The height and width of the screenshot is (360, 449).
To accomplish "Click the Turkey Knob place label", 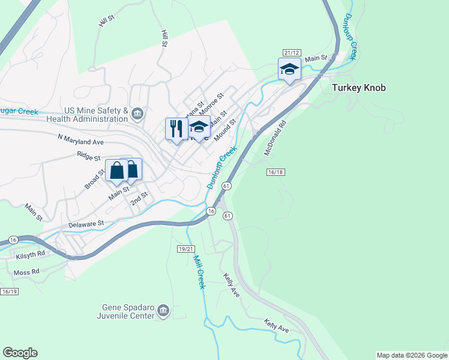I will click(358, 88).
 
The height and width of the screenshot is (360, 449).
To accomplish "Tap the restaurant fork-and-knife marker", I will click(176, 129).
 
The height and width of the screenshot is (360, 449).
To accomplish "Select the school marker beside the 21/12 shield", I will click(289, 70).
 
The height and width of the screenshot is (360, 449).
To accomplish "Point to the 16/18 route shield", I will click(275, 172).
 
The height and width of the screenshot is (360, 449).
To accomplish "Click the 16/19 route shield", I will click(10, 292).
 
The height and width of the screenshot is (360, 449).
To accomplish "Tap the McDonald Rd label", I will click(276, 138).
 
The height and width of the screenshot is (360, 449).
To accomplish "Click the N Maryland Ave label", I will click(81, 140).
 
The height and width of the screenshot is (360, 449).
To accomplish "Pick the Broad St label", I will click(94, 179).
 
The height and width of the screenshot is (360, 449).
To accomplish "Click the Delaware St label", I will click(86, 223).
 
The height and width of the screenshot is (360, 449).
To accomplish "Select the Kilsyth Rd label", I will click(31, 254).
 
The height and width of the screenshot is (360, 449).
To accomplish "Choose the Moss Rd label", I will click(26, 272).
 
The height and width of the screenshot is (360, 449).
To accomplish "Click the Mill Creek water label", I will click(199, 271).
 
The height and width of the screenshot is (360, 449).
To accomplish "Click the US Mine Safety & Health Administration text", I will click(96, 115).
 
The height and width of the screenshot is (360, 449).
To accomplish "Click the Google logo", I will click(20, 353).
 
